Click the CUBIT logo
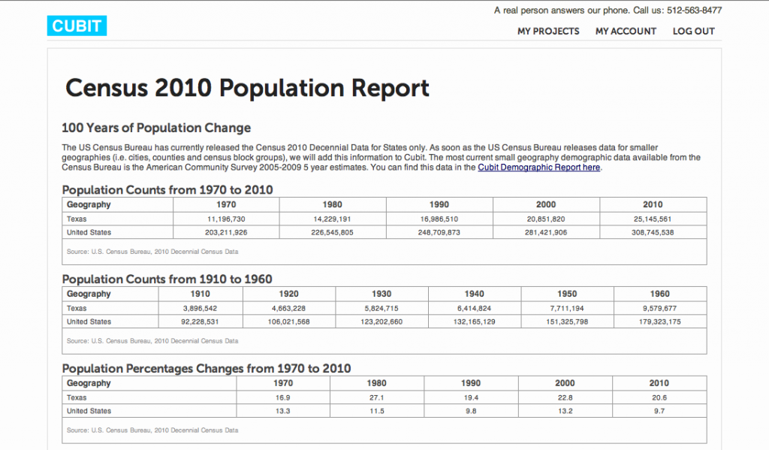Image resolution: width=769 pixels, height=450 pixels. click(x=77, y=26)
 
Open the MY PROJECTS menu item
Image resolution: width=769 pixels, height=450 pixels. click(x=548, y=32)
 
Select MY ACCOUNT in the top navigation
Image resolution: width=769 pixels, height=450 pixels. click(x=626, y=32)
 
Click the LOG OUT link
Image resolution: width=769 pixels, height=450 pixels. click(x=693, y=32)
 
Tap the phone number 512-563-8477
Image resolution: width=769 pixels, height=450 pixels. click(x=687, y=11)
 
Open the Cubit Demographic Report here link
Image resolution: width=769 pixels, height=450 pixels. click(x=538, y=168)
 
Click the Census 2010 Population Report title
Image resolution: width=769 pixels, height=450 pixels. click(x=247, y=89)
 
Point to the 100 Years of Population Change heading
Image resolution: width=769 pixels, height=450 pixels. click(x=156, y=128)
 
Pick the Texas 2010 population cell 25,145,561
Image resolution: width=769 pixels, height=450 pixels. click(x=653, y=219)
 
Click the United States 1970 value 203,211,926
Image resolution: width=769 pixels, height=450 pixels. click(x=226, y=233)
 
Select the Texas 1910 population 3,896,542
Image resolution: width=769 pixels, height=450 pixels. click(x=200, y=308)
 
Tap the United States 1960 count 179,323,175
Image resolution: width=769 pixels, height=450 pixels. click(x=659, y=322)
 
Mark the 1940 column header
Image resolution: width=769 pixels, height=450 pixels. click(x=475, y=294)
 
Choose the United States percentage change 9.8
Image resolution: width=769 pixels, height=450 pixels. click(x=471, y=412)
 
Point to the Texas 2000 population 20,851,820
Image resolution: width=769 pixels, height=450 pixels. click(x=546, y=219)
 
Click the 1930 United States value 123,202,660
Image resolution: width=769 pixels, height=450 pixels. click(x=381, y=322)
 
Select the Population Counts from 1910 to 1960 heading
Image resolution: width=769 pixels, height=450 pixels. click(x=167, y=279)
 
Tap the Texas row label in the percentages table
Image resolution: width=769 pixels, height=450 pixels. click(x=77, y=397)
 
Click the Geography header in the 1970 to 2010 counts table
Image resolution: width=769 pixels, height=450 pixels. click(x=89, y=204)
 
